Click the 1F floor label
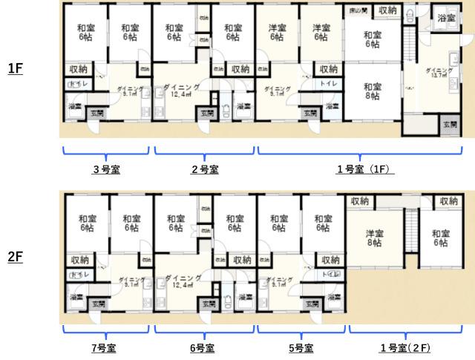coord(16,69)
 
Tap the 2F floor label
coord(16,258)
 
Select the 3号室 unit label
coord(106,169)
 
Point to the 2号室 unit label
coord(204,169)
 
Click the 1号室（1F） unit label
coord(363,169)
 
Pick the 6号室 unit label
coord(202,347)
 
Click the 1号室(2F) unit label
coord(404,347)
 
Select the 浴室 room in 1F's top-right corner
coord(446,18)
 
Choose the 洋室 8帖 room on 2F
coord(373,238)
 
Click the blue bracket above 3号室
coord(106,154)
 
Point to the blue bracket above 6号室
coord(202,332)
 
